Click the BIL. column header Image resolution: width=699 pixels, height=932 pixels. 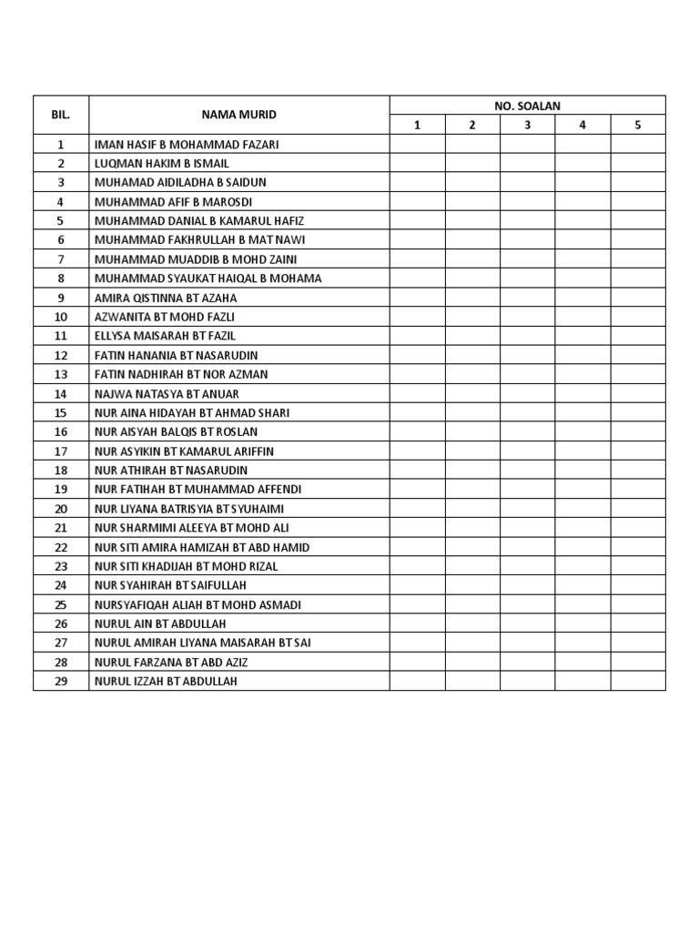point(61,115)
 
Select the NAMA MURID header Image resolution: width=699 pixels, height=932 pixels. point(239,115)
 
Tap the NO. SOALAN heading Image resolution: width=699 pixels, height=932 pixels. point(527,106)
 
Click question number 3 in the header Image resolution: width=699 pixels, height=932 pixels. point(527,126)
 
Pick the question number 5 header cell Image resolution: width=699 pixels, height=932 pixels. point(638,126)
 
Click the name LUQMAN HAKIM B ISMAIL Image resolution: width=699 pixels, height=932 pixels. point(162,164)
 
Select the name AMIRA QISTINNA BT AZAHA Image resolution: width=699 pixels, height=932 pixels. point(166,298)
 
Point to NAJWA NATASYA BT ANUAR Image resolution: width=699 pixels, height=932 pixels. point(167,394)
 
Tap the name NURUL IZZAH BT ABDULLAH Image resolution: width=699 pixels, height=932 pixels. point(166,681)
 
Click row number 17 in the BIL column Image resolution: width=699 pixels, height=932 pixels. point(61,451)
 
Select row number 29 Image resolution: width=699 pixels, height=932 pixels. point(61,681)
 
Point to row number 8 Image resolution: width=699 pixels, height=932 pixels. point(61,279)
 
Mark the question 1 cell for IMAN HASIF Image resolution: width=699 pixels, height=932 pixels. point(417,145)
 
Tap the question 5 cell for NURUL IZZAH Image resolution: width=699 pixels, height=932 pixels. point(638,681)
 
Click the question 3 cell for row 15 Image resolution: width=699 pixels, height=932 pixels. point(527,413)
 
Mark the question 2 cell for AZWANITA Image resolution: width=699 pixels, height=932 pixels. point(472,317)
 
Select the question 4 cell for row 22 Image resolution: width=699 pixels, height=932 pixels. point(582,547)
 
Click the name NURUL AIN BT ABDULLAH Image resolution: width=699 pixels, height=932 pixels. point(160,623)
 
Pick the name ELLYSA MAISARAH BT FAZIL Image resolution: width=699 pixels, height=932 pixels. point(165,336)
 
